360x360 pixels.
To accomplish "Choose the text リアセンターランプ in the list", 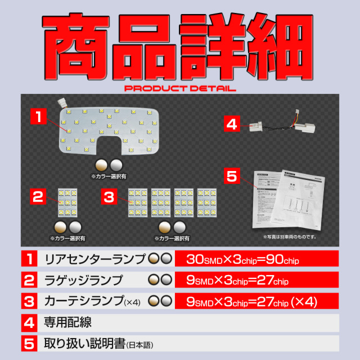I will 94,259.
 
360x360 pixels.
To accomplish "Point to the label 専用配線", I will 67,322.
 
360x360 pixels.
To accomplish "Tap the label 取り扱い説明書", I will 84,343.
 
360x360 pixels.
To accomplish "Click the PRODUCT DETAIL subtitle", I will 179,89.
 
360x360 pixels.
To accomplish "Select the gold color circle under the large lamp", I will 102,164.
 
